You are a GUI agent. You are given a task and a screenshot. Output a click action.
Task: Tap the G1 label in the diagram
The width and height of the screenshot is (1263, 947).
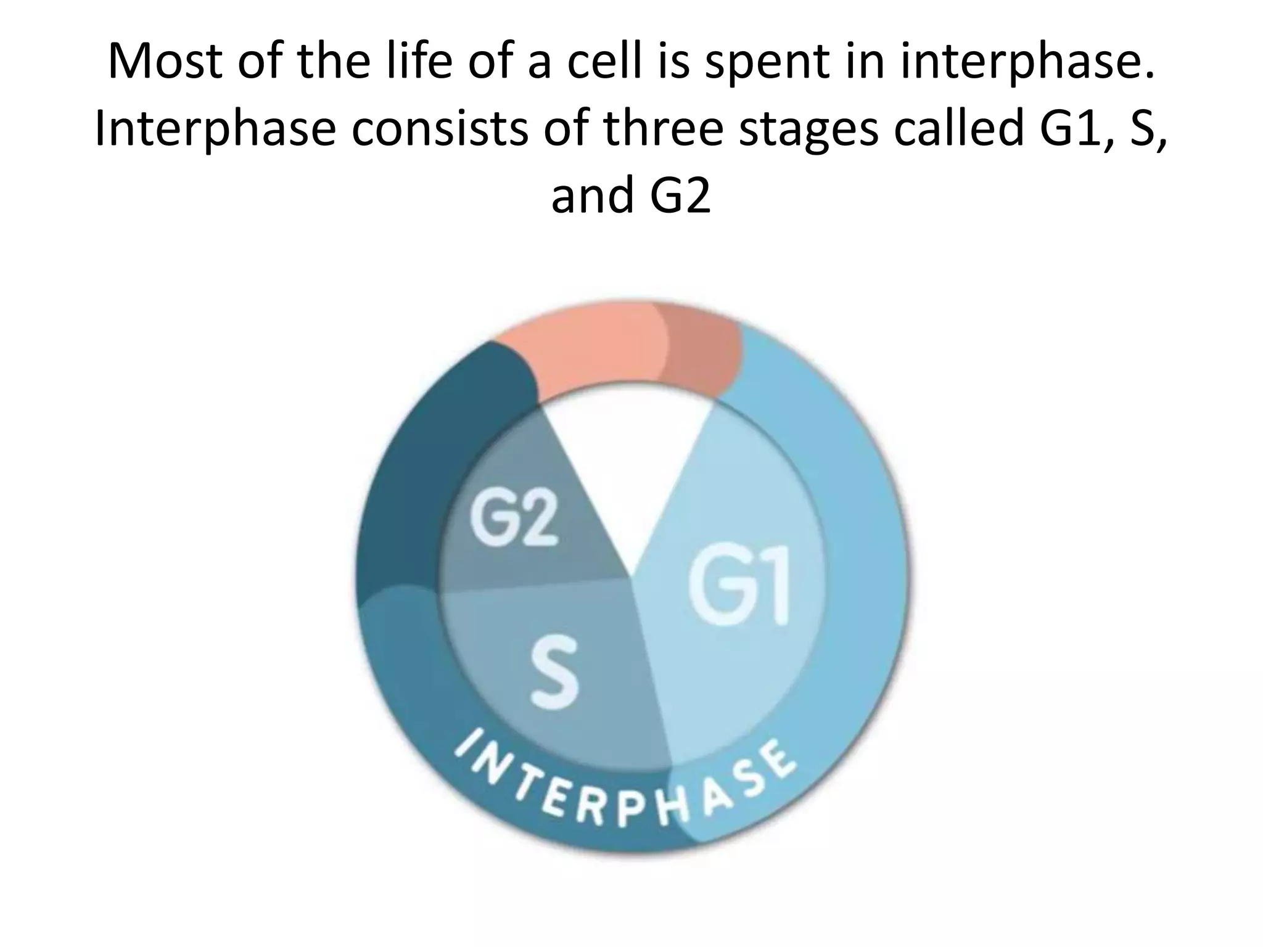[x=739, y=588]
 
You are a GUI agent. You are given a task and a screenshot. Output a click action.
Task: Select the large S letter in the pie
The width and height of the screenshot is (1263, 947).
[x=554, y=673]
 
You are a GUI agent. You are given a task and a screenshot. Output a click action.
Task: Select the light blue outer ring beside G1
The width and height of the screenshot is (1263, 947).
[x=863, y=555]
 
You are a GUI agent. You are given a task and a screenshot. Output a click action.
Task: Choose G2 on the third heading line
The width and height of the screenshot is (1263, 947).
[x=680, y=196]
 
